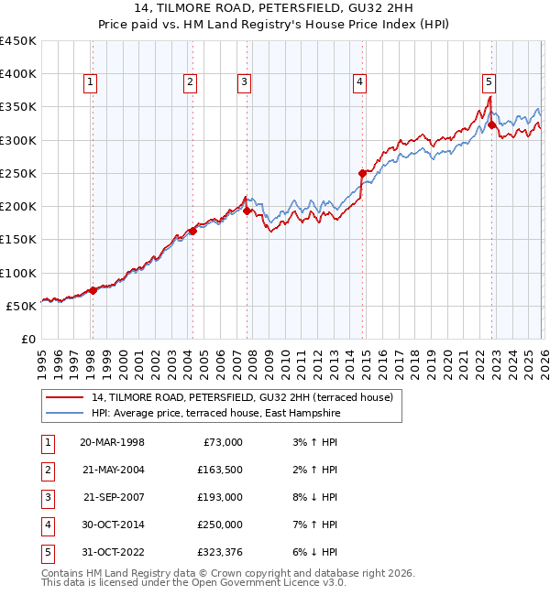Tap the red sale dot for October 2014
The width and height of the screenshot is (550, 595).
[x=362, y=173]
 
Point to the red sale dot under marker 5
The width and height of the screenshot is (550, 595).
[x=492, y=124]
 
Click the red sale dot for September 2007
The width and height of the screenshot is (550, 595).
[x=247, y=211]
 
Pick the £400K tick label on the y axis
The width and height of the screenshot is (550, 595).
[x=18, y=74]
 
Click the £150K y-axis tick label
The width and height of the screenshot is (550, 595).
[x=18, y=240]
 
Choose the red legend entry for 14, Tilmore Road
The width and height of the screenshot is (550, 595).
[x=242, y=397]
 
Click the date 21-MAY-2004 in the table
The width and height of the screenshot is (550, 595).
[x=112, y=470]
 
